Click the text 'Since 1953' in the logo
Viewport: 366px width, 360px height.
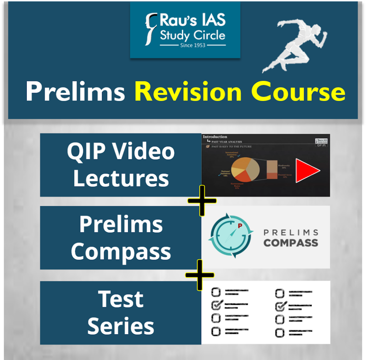193,45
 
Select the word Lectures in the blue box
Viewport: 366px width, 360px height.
121,178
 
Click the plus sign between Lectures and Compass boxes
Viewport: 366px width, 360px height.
202,201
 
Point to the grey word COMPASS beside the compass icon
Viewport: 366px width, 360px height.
291,243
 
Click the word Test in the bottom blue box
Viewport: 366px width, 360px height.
121,299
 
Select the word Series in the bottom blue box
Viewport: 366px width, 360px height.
121,326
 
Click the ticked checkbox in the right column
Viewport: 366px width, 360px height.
281,306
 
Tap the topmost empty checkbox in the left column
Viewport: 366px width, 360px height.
216,292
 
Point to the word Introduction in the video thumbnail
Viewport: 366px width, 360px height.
215,137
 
